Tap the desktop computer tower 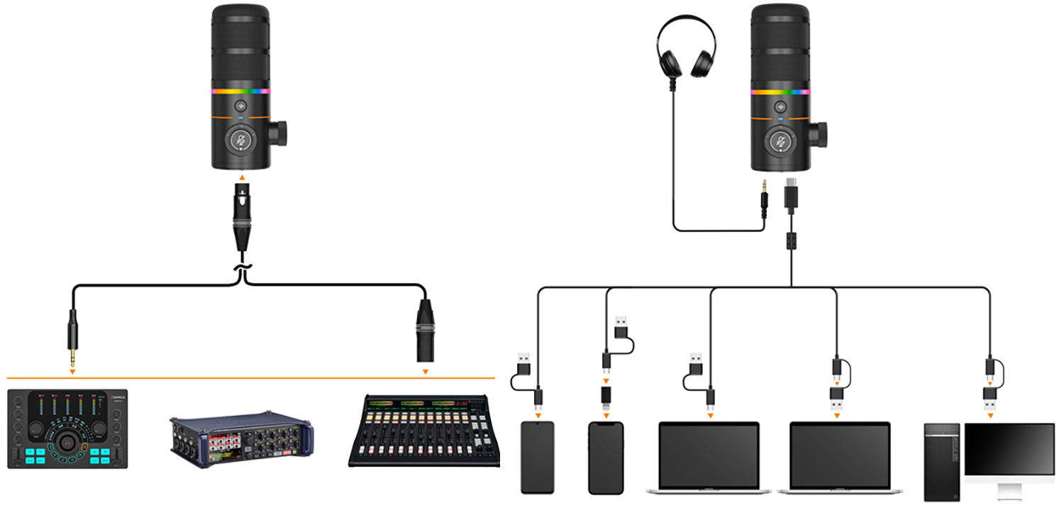941,461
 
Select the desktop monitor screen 1009,452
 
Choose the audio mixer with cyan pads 67,429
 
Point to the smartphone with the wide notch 606,458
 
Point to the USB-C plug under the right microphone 792,195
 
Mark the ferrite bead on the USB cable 792,239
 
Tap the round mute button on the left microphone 241,140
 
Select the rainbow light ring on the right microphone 780,92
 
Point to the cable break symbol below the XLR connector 242,270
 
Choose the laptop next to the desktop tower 839,458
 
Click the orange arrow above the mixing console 425,371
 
